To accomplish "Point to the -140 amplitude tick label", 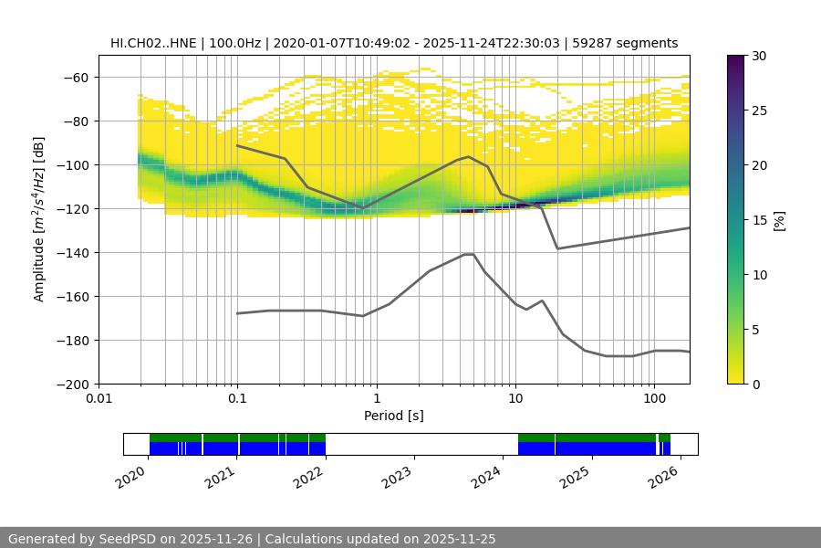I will (x=74, y=253).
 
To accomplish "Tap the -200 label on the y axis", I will (x=74, y=385).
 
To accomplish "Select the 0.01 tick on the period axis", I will (x=99, y=399).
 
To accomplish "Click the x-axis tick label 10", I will (x=514, y=399).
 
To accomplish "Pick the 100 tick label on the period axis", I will (x=654, y=399).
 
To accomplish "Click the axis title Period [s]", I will (x=394, y=416).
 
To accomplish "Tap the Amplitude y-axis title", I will (x=39, y=219).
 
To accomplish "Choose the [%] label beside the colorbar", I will (x=779, y=220).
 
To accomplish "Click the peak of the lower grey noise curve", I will (x=469, y=254).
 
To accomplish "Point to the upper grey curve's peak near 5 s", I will (x=469, y=157).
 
